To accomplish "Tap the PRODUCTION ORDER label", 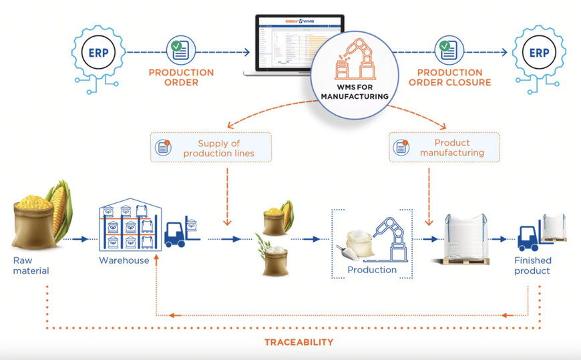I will pyautogui.click(x=181, y=77).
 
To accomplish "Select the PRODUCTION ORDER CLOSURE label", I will pyautogui.click(x=453, y=77).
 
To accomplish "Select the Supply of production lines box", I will pyautogui.click(x=212, y=148).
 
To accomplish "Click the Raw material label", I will pyautogui.click(x=31, y=265).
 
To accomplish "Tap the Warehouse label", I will pyautogui.click(x=124, y=260).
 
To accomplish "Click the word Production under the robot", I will pyautogui.click(x=372, y=270).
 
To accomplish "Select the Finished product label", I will pyautogui.click(x=532, y=265).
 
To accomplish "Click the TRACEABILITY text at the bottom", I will pyautogui.click(x=298, y=342).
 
